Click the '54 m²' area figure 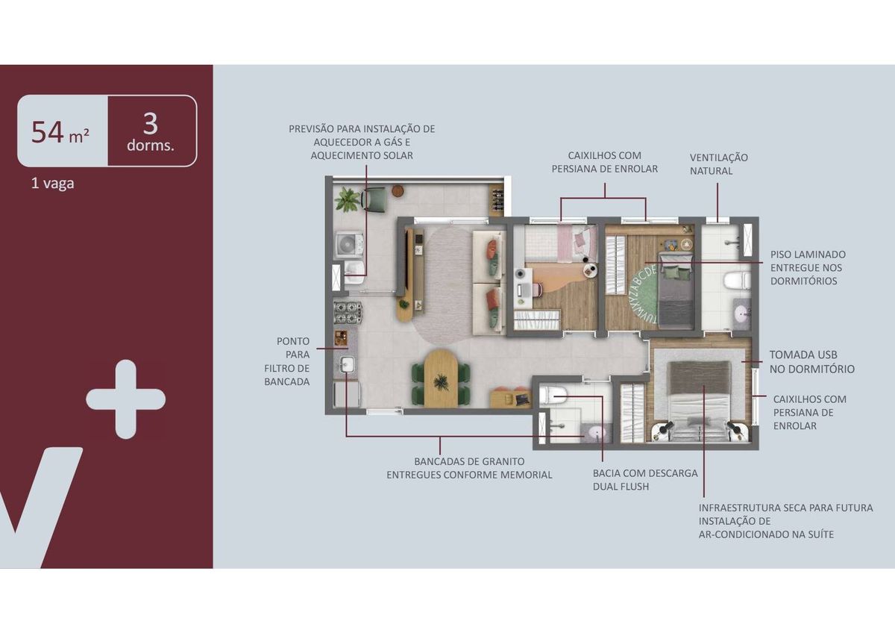(60, 132)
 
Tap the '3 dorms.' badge (151, 132)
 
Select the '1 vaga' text (53, 184)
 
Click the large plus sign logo (126, 399)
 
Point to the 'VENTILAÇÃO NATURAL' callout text (719, 164)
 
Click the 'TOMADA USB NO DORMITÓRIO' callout (812, 362)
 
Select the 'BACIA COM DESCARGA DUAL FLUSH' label (645, 480)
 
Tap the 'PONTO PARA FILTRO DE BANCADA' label (287, 361)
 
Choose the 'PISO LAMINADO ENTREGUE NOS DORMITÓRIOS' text (808, 267)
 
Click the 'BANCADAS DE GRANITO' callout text (469, 461)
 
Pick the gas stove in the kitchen (348, 312)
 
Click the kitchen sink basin (346, 365)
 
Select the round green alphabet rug (643, 295)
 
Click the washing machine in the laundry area (350, 243)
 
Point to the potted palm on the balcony (347, 200)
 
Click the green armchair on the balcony (374, 199)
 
